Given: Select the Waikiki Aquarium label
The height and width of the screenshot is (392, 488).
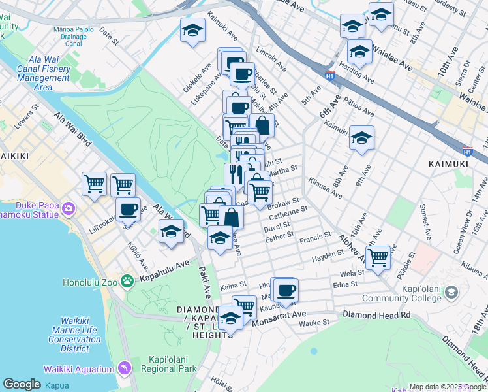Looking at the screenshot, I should [x=78, y=368].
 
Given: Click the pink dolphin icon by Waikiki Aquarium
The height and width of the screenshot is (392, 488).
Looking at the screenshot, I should [x=124, y=369].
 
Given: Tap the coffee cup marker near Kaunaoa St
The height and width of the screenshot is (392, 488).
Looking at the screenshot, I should [x=284, y=289].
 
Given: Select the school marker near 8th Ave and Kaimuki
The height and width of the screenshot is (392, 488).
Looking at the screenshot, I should [x=361, y=138].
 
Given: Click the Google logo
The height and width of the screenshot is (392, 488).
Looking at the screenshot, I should [x=22, y=384].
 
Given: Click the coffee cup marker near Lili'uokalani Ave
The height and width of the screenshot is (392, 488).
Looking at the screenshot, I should [x=128, y=210].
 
